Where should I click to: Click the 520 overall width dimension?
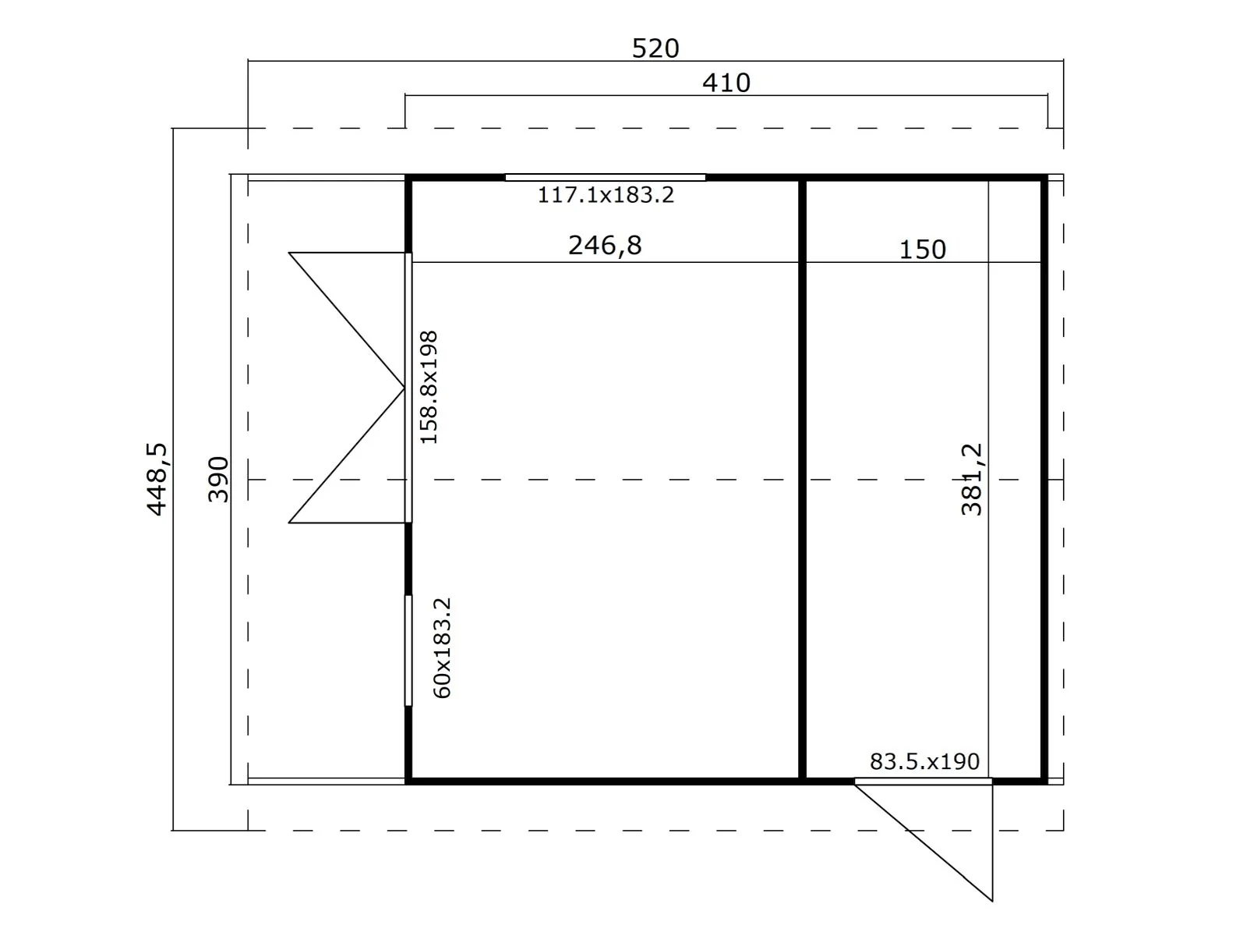click(x=655, y=49)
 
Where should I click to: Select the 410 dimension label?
click(x=726, y=83)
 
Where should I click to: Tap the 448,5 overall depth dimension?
click(x=157, y=479)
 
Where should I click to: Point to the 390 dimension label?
click(x=218, y=479)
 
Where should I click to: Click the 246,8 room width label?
click(x=605, y=246)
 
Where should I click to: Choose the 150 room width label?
click(x=923, y=250)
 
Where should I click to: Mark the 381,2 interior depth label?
click(x=971, y=479)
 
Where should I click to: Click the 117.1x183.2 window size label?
click(x=606, y=195)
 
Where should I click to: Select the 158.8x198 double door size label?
click(x=429, y=387)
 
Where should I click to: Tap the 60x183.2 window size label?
click(x=442, y=648)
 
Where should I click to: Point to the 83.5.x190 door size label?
click(x=924, y=761)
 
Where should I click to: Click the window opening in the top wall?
click(x=606, y=178)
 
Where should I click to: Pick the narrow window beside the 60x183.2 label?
click(x=408, y=651)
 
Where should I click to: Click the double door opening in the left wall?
click(x=408, y=388)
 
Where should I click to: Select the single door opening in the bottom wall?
click(x=924, y=782)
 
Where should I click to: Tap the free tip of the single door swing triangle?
click(x=992, y=902)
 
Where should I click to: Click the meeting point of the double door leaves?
click(x=404, y=388)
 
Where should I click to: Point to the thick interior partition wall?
click(x=802, y=480)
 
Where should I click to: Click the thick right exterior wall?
click(x=1044, y=480)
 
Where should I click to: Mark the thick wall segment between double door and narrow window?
click(x=408, y=559)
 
